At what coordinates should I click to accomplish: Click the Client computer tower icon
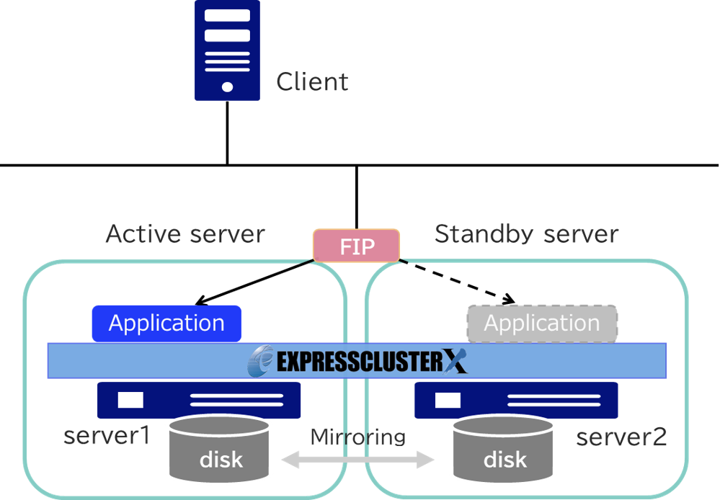coord(227,50)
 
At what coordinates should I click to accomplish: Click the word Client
coord(312,81)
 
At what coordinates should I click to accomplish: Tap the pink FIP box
coord(356,246)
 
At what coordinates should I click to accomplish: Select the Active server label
coord(185,234)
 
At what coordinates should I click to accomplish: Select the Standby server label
coord(526,234)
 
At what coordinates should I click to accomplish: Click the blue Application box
coord(166,323)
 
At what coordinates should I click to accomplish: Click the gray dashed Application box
coord(542,323)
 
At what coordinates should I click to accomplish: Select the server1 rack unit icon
coord(199,400)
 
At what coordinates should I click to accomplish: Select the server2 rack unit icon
coord(516,400)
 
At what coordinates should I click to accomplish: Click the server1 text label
coord(107,436)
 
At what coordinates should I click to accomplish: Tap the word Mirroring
coord(358,436)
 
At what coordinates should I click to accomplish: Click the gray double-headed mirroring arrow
coord(358,459)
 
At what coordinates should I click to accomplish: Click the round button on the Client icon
coord(227,87)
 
